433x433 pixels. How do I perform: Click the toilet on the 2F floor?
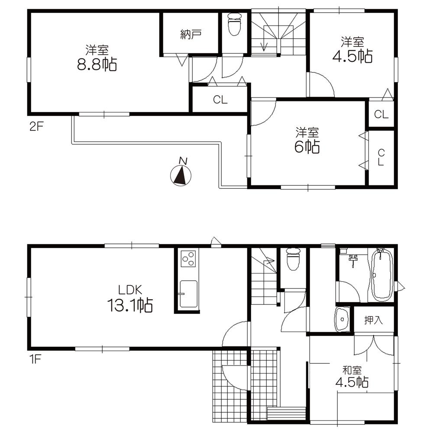click(234, 24)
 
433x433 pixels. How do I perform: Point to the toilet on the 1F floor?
click(293, 259)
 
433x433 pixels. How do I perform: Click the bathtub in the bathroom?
click(381, 275)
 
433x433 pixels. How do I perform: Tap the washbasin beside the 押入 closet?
click(343, 320)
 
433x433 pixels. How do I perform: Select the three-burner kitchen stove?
click(188, 259)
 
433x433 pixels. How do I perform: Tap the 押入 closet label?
click(373, 320)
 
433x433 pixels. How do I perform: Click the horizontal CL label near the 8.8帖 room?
click(220, 100)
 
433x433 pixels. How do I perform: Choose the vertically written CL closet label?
click(381, 158)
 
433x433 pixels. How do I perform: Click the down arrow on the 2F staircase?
click(265, 45)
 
